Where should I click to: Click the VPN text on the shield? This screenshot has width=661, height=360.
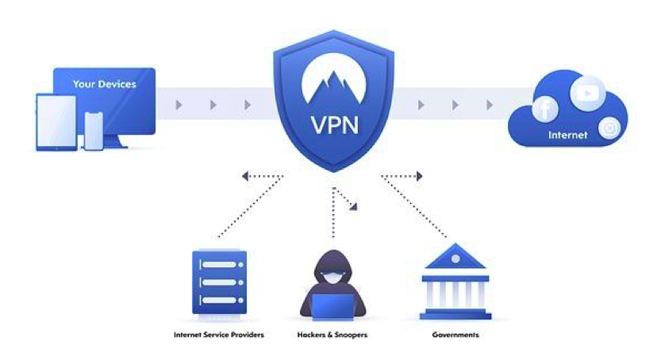pyautogui.click(x=333, y=125)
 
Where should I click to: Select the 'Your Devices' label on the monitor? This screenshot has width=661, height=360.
pyautogui.click(x=104, y=84)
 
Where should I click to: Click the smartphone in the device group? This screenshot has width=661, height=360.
pyautogui.click(x=94, y=130)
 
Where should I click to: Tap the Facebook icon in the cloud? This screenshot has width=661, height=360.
pyautogui.click(x=545, y=109)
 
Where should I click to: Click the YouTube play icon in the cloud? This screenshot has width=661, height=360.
pyautogui.click(x=587, y=92)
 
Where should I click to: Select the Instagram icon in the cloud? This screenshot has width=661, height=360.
pyautogui.click(x=609, y=128)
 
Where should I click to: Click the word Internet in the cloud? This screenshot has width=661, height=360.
pyautogui.click(x=567, y=136)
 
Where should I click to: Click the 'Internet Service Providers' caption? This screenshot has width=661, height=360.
pyautogui.click(x=219, y=335)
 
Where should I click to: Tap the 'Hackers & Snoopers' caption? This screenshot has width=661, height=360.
pyautogui.click(x=332, y=335)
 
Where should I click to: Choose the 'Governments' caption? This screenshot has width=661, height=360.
pyautogui.click(x=455, y=335)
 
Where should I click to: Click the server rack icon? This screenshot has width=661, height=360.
pyautogui.click(x=219, y=282)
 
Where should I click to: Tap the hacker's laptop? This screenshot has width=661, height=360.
pyautogui.click(x=332, y=305)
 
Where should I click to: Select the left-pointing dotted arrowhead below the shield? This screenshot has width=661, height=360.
pyautogui.click(x=246, y=176)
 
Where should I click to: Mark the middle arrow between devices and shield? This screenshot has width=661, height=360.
pyautogui.click(x=213, y=105)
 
